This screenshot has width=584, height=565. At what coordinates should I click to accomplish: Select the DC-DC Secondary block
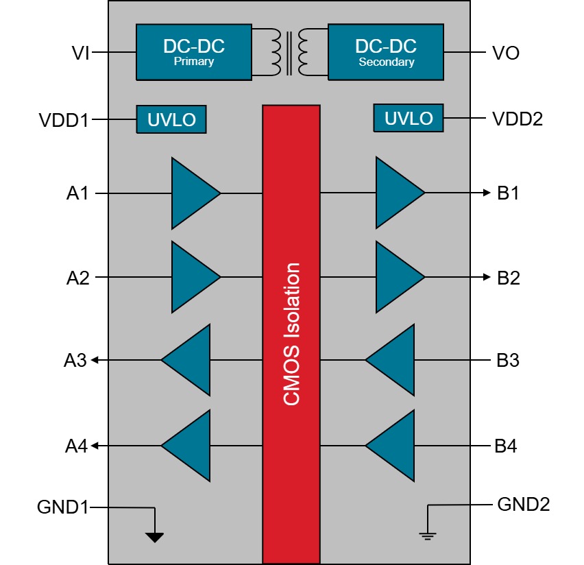click(x=386, y=52)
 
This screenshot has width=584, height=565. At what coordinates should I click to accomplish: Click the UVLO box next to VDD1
click(x=171, y=120)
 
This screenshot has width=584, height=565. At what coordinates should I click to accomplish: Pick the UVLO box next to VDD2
click(x=408, y=118)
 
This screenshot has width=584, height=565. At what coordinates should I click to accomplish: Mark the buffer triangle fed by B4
click(x=392, y=446)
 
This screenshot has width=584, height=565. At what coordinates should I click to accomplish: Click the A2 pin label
click(x=77, y=278)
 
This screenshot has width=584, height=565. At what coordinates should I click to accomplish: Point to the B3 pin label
click(x=507, y=360)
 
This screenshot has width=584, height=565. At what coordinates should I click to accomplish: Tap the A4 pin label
click(x=77, y=446)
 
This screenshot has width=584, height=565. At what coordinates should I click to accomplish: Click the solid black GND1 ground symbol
click(x=156, y=537)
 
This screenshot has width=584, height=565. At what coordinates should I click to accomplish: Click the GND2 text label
click(x=524, y=505)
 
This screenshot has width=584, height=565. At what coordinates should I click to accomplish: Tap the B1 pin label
click(x=508, y=193)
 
